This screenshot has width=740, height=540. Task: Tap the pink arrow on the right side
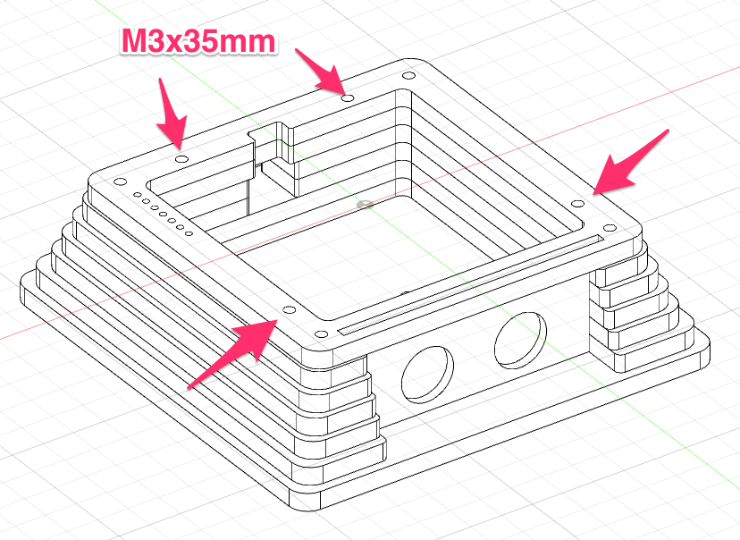point(631,161)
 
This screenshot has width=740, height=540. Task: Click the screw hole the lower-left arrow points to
point(289,309)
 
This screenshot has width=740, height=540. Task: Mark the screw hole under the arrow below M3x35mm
point(181,157)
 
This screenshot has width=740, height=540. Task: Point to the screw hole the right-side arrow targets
point(578,205)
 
